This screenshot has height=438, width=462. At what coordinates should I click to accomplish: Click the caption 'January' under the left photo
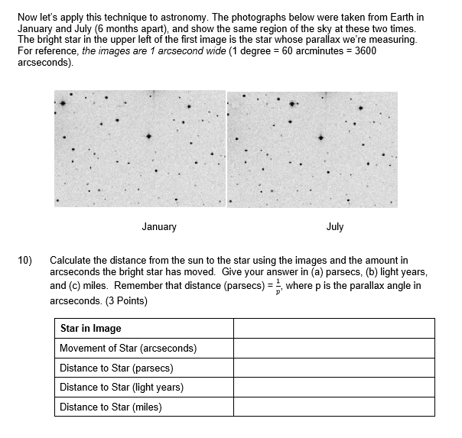click(x=159, y=227)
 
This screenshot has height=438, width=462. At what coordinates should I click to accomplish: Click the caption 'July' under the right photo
click(x=334, y=227)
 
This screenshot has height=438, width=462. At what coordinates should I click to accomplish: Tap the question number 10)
click(x=24, y=261)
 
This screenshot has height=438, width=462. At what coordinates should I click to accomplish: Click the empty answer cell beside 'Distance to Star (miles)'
click(x=333, y=407)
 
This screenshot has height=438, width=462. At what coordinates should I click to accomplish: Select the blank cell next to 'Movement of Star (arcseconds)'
click(x=333, y=349)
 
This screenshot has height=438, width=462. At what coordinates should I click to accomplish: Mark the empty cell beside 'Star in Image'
click(x=333, y=329)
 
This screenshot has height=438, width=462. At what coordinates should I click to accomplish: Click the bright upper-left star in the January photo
click(x=63, y=103)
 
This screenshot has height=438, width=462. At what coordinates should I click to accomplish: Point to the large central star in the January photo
click(x=149, y=136)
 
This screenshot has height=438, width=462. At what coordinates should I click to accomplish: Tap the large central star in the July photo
click(x=321, y=138)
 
